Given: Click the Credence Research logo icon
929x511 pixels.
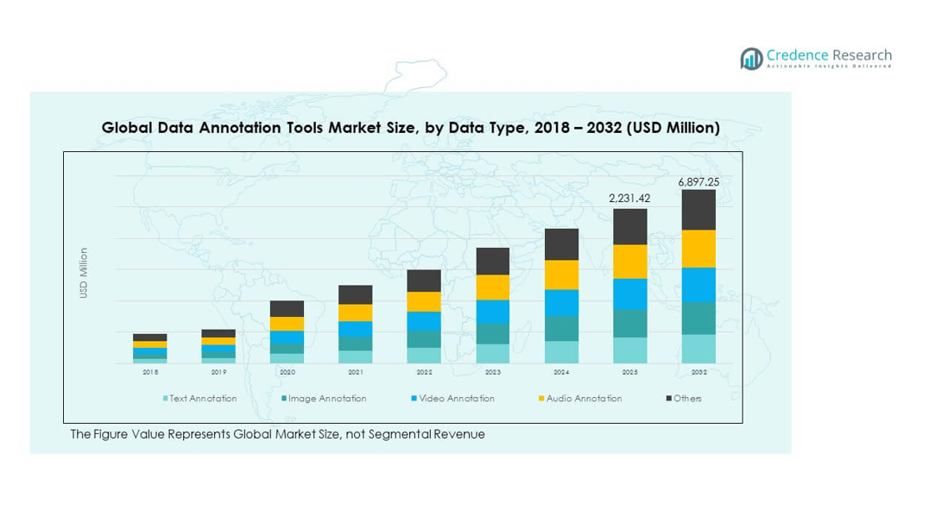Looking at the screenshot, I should click(x=751, y=59).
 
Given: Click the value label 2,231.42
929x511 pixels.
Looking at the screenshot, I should click(x=629, y=199).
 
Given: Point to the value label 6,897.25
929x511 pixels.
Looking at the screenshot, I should click(x=698, y=181).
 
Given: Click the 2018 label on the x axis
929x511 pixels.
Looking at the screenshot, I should click(x=149, y=372).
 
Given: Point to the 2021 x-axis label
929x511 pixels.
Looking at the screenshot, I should click(x=355, y=372).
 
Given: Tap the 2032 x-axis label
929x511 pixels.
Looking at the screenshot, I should click(x=698, y=372).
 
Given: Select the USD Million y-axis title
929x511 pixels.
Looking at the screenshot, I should click(x=84, y=273).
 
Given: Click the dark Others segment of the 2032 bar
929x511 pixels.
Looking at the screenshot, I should click(x=698, y=210).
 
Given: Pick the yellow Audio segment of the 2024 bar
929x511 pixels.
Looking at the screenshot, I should click(x=561, y=274).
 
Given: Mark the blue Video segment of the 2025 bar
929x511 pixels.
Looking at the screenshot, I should click(x=629, y=294).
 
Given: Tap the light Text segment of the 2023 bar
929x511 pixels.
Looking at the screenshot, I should click(x=492, y=353).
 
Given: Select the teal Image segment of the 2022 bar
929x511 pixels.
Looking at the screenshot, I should click(x=424, y=339).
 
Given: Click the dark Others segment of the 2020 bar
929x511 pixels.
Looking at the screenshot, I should click(x=287, y=308).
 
